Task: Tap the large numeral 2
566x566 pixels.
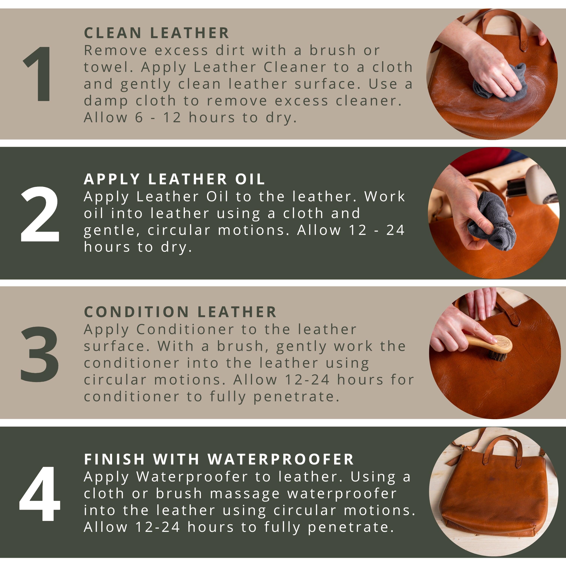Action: pos(40,215)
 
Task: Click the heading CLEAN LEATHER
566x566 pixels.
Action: pos(156,33)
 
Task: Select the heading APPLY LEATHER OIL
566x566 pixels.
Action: pos(174,179)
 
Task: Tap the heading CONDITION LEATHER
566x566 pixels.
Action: pos(180,312)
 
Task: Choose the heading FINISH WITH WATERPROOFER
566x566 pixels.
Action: pos(219,459)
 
